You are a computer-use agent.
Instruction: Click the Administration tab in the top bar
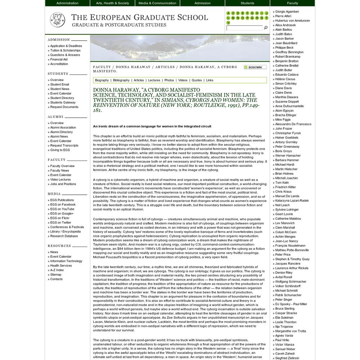click(67, 3)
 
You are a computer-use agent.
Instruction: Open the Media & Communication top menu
click(157, 3)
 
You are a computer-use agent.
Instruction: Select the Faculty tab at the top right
click(292, 3)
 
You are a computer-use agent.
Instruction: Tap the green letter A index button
click(228, 13)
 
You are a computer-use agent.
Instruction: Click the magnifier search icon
click(266, 28)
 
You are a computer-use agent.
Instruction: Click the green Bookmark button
click(255, 67)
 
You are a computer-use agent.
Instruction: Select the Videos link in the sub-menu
click(183, 80)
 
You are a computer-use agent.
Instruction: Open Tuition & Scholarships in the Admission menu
click(65, 50)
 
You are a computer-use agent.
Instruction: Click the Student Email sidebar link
click(59, 85)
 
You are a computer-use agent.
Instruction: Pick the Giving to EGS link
click(60, 150)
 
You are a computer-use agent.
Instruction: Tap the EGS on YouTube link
click(62, 209)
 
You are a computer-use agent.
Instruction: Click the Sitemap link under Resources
click(56, 275)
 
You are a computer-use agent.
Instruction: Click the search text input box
click(244, 28)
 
